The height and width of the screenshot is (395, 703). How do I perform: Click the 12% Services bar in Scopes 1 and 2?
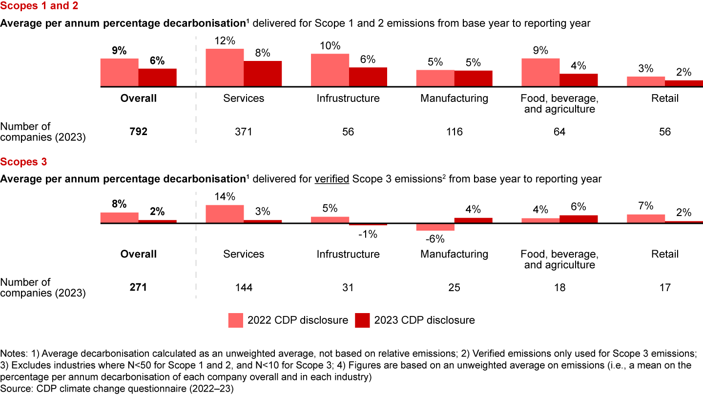tap(225, 68)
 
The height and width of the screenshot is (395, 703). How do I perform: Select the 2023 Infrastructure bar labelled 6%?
tap(368, 77)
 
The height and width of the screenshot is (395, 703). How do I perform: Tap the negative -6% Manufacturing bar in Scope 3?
tap(435, 227)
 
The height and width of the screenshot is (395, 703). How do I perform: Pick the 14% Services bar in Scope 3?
tap(225, 214)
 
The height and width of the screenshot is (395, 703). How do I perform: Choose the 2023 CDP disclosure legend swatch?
tap(362, 320)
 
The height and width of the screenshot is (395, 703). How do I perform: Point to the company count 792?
tap(139, 132)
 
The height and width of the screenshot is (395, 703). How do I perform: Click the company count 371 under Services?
tap(244, 132)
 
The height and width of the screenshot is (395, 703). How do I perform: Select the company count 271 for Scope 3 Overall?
tap(139, 288)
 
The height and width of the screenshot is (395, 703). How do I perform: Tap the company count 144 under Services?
tap(244, 288)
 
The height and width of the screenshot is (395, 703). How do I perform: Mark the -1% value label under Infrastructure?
tap(368, 235)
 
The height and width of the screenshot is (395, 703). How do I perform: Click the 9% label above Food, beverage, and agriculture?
tap(540, 50)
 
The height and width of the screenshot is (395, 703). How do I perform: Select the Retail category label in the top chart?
tap(665, 99)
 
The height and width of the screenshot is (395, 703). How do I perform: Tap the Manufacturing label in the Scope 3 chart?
tap(454, 254)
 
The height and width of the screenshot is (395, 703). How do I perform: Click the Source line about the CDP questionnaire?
tap(104, 389)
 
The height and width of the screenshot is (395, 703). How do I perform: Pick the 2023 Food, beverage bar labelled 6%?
tap(579, 219)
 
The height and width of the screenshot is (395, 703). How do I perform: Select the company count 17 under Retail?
tap(665, 288)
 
